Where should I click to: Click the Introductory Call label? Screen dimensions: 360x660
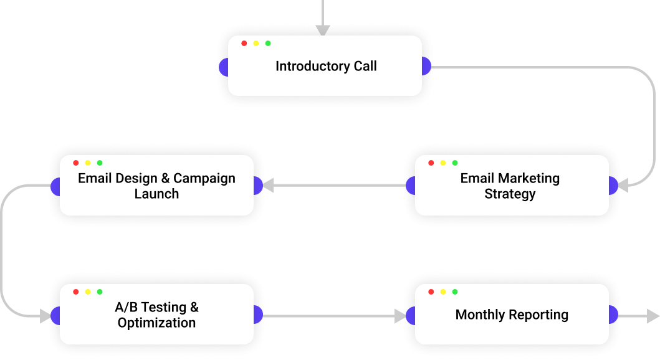(x=326, y=66)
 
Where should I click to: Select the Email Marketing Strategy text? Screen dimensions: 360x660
(x=510, y=186)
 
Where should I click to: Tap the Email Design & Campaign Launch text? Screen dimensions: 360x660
(x=156, y=186)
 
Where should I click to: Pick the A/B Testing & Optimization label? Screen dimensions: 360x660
(x=156, y=315)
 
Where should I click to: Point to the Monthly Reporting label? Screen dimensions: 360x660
(x=512, y=315)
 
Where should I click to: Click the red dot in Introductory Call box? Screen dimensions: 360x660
(x=244, y=43)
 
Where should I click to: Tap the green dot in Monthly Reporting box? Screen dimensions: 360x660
(x=455, y=291)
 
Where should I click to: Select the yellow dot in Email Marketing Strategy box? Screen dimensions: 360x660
(x=443, y=163)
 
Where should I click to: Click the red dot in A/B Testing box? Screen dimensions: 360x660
(x=76, y=291)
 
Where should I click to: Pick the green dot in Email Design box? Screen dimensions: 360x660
(x=100, y=163)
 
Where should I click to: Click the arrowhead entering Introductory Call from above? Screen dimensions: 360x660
(x=322, y=30)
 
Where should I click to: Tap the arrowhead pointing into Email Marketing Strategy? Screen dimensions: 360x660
(x=623, y=186)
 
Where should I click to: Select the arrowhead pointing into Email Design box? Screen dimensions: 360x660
(x=269, y=186)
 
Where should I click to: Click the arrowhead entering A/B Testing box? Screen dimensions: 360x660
(x=45, y=316)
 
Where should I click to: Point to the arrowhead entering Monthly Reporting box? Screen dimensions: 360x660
(x=400, y=316)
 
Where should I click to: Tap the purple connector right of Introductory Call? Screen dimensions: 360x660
(x=426, y=66)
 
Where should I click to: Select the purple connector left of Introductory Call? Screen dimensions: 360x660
(x=224, y=66)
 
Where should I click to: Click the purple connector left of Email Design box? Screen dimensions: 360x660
(x=55, y=186)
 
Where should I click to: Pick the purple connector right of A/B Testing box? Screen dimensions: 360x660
(x=258, y=315)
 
